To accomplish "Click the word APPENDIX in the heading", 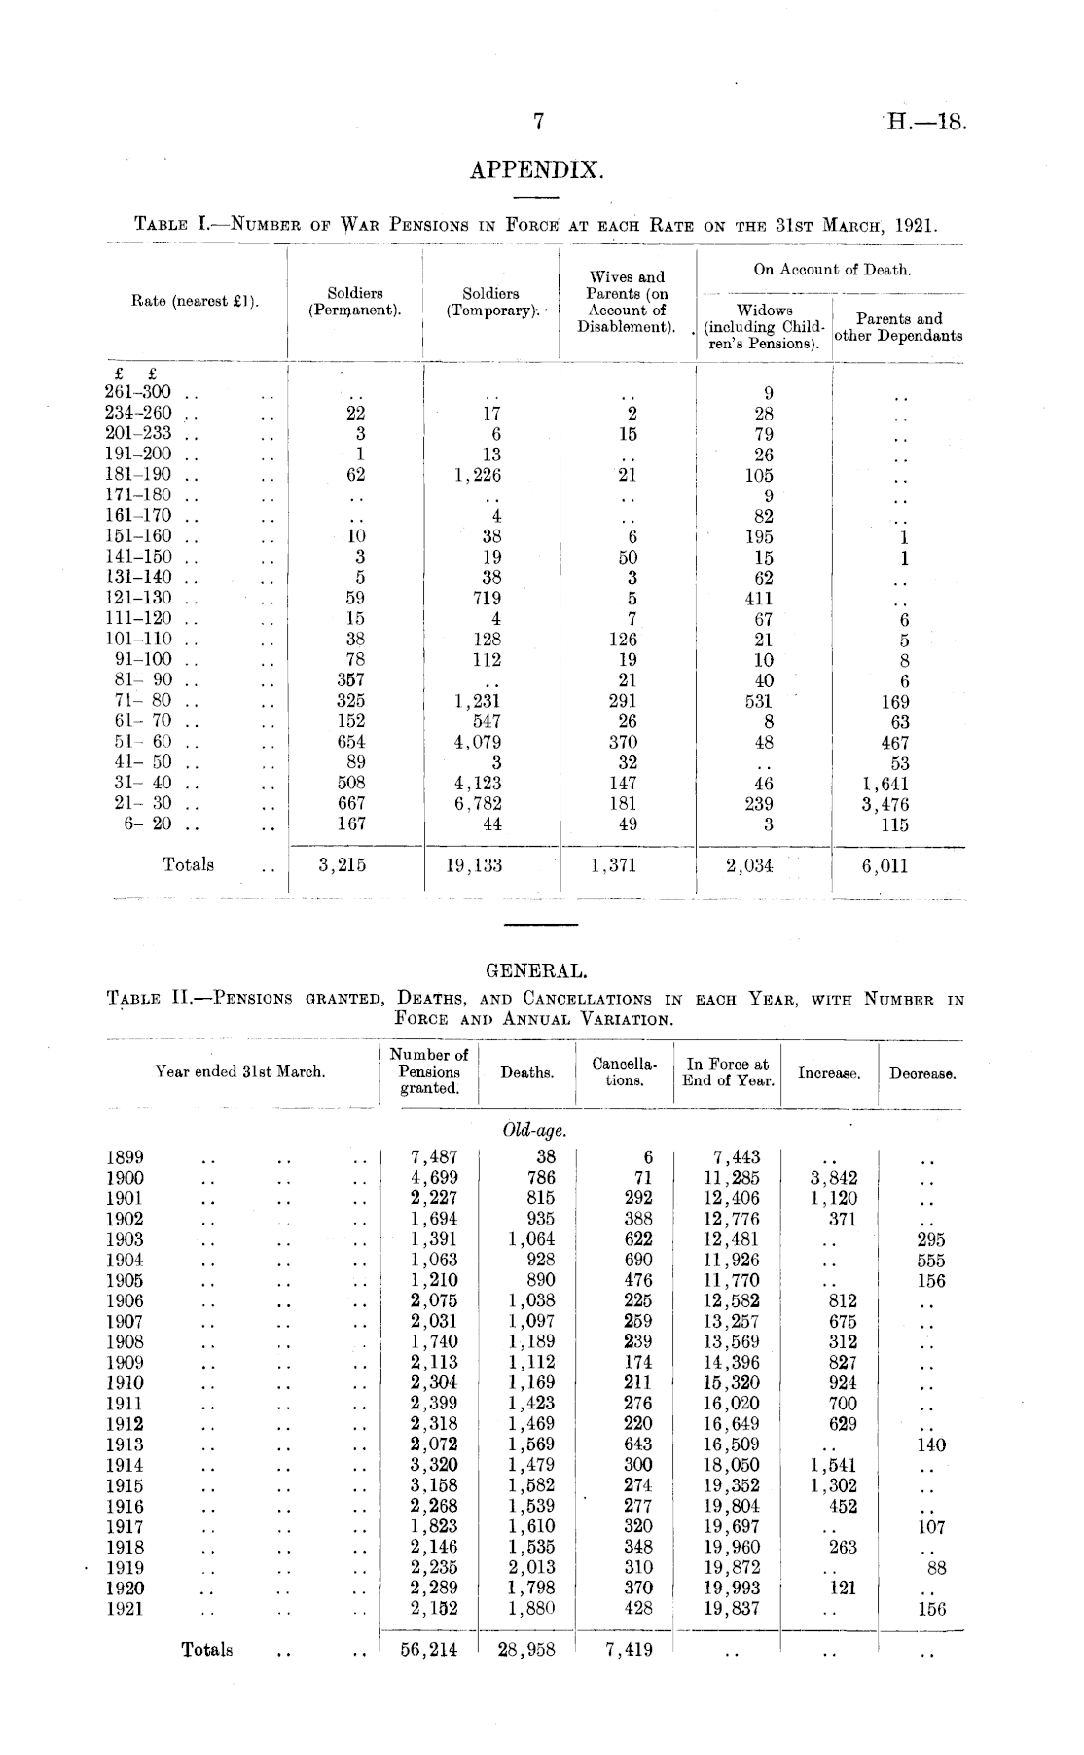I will pos(537,172).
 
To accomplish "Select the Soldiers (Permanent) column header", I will pos(355,302).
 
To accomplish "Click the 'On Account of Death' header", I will pos(832,270).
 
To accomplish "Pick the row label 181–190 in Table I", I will pos(137,475).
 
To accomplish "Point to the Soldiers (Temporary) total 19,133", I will pos(474,864).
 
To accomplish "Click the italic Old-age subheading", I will pos(534,1131).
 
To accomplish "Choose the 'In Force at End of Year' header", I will pos(728,1073).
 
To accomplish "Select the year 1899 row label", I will pos(125,1157).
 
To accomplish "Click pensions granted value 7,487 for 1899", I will pos(434,1157).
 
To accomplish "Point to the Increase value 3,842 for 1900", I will pos(833,1178).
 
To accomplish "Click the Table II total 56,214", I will pos(429,1649).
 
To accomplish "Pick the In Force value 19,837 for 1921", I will pos(731,1608).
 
